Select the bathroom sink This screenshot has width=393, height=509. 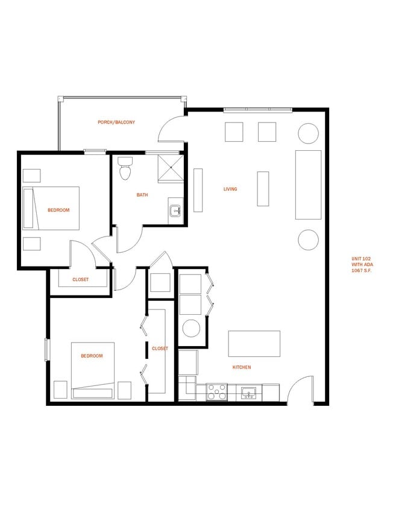175,211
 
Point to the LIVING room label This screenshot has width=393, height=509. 230,189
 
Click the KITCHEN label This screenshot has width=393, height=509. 242,367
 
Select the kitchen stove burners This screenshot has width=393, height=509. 217,392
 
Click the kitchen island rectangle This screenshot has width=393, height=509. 254,344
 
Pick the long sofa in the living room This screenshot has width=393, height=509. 308,185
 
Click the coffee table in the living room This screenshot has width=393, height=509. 263,189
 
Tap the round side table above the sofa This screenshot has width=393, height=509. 308,132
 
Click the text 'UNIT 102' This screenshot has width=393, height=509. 362,259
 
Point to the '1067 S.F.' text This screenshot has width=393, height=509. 362,271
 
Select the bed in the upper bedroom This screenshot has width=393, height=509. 52,208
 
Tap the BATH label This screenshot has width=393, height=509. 142,195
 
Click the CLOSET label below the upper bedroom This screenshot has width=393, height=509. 80,280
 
